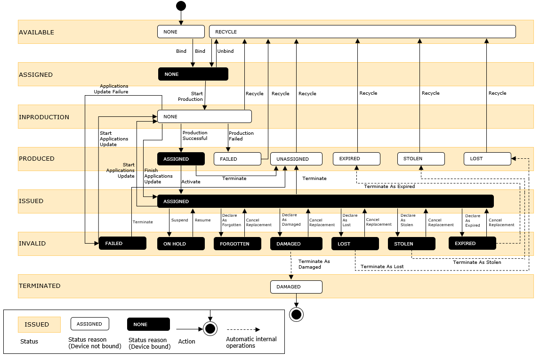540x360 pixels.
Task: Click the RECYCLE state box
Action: [x=362, y=32]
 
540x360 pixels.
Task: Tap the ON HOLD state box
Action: [x=181, y=244]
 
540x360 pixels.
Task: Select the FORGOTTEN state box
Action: [x=237, y=244]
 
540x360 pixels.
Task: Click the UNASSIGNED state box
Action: [x=296, y=159]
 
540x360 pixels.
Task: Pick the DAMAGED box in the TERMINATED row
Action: [x=296, y=286]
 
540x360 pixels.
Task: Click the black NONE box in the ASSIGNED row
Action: [x=193, y=74]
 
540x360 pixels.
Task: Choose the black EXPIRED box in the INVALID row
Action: [x=472, y=243]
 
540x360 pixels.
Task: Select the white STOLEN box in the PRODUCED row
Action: [x=421, y=159]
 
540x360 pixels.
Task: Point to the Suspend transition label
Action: [x=179, y=220]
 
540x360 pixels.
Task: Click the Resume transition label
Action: [x=203, y=220]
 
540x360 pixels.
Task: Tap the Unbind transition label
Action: [x=226, y=51]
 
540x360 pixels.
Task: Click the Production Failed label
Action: [x=241, y=136]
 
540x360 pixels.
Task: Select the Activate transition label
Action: [x=191, y=181]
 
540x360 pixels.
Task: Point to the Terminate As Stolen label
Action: [x=477, y=262]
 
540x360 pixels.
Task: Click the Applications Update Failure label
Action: [x=114, y=89]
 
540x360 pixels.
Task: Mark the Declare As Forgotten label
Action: [x=231, y=220]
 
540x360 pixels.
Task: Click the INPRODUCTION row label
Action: [x=44, y=117]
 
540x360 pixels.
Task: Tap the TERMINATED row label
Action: [x=40, y=286]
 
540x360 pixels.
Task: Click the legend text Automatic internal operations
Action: [x=251, y=342]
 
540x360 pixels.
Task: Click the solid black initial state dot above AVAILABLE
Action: [x=181, y=6]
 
